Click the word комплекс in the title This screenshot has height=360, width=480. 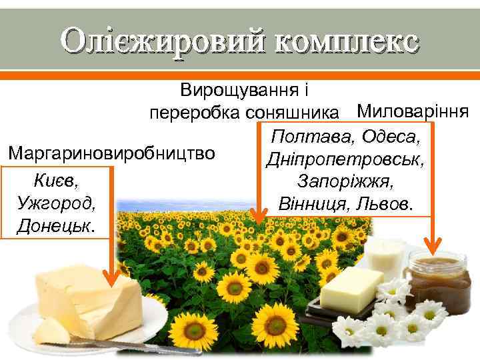(346, 41)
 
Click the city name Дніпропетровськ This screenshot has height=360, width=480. (346, 159)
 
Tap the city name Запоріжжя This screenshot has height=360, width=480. (346, 181)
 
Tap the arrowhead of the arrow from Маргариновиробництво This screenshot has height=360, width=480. (121, 272)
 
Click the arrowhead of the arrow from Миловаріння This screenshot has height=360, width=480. (437, 251)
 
